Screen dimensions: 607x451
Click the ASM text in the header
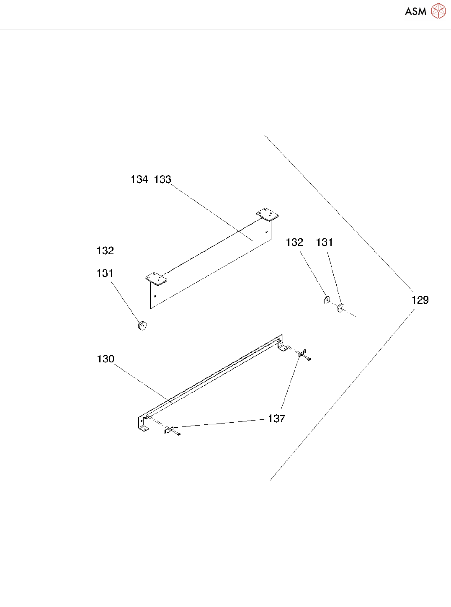[x=415, y=12]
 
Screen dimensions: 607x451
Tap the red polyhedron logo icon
[x=438, y=11]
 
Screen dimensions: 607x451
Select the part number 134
[x=139, y=180]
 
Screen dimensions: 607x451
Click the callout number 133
[x=162, y=180]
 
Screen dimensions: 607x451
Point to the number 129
[x=420, y=300]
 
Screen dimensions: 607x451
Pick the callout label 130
[x=106, y=359]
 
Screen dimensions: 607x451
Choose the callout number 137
[x=276, y=418]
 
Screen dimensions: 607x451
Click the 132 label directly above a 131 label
[x=105, y=251]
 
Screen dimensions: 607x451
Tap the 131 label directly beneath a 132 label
[x=105, y=274]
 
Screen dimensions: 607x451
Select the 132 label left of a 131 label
[x=294, y=243]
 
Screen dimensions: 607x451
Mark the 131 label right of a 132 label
[x=325, y=243]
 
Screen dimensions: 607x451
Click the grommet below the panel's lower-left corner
[x=142, y=325]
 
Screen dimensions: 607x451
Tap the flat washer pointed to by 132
[x=327, y=300]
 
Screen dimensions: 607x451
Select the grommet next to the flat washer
[x=341, y=308]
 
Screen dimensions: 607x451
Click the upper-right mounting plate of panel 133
[x=268, y=214]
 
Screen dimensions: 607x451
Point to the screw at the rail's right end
[x=309, y=358]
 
